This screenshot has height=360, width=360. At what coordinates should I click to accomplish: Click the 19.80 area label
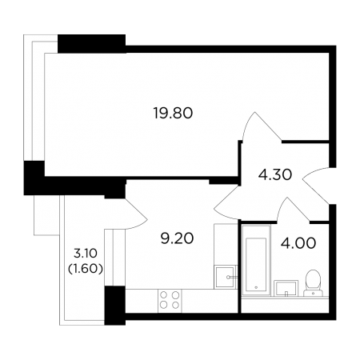pyautogui.click(x=173, y=113)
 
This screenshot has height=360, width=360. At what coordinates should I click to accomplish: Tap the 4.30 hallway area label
pyautogui.click(x=275, y=175)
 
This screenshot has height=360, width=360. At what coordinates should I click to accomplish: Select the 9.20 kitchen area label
pyautogui.click(x=177, y=238)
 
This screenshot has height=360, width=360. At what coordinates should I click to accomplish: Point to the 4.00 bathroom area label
pyautogui.click(x=298, y=243)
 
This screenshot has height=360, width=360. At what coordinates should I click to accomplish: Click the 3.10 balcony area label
pyautogui.click(x=86, y=254)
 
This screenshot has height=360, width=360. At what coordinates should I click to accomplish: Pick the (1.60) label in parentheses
pyautogui.click(x=86, y=269)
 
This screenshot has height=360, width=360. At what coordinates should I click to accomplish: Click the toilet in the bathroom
pyautogui.click(x=313, y=283)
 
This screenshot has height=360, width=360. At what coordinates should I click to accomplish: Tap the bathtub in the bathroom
pyautogui.click(x=256, y=261)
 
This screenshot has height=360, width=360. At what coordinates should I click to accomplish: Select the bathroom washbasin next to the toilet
pyautogui.click(x=286, y=288)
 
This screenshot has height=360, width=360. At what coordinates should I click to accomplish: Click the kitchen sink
pyautogui.click(x=225, y=278)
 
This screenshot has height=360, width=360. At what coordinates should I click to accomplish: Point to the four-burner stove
pyautogui.click(x=170, y=301)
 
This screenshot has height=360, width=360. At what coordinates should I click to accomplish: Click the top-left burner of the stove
pyautogui.click(x=164, y=295)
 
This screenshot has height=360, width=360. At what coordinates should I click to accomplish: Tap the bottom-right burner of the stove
pyautogui.click(x=175, y=305)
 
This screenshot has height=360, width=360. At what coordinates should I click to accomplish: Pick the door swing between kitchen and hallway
pyautogui.click(x=226, y=202)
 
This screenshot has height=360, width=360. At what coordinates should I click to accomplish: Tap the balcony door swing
pyautogui.click(x=136, y=214)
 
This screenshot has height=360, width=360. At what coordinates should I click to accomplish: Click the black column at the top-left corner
pyautogui.click(x=91, y=43)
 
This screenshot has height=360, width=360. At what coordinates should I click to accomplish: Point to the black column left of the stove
pyautogui.click(x=114, y=306)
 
